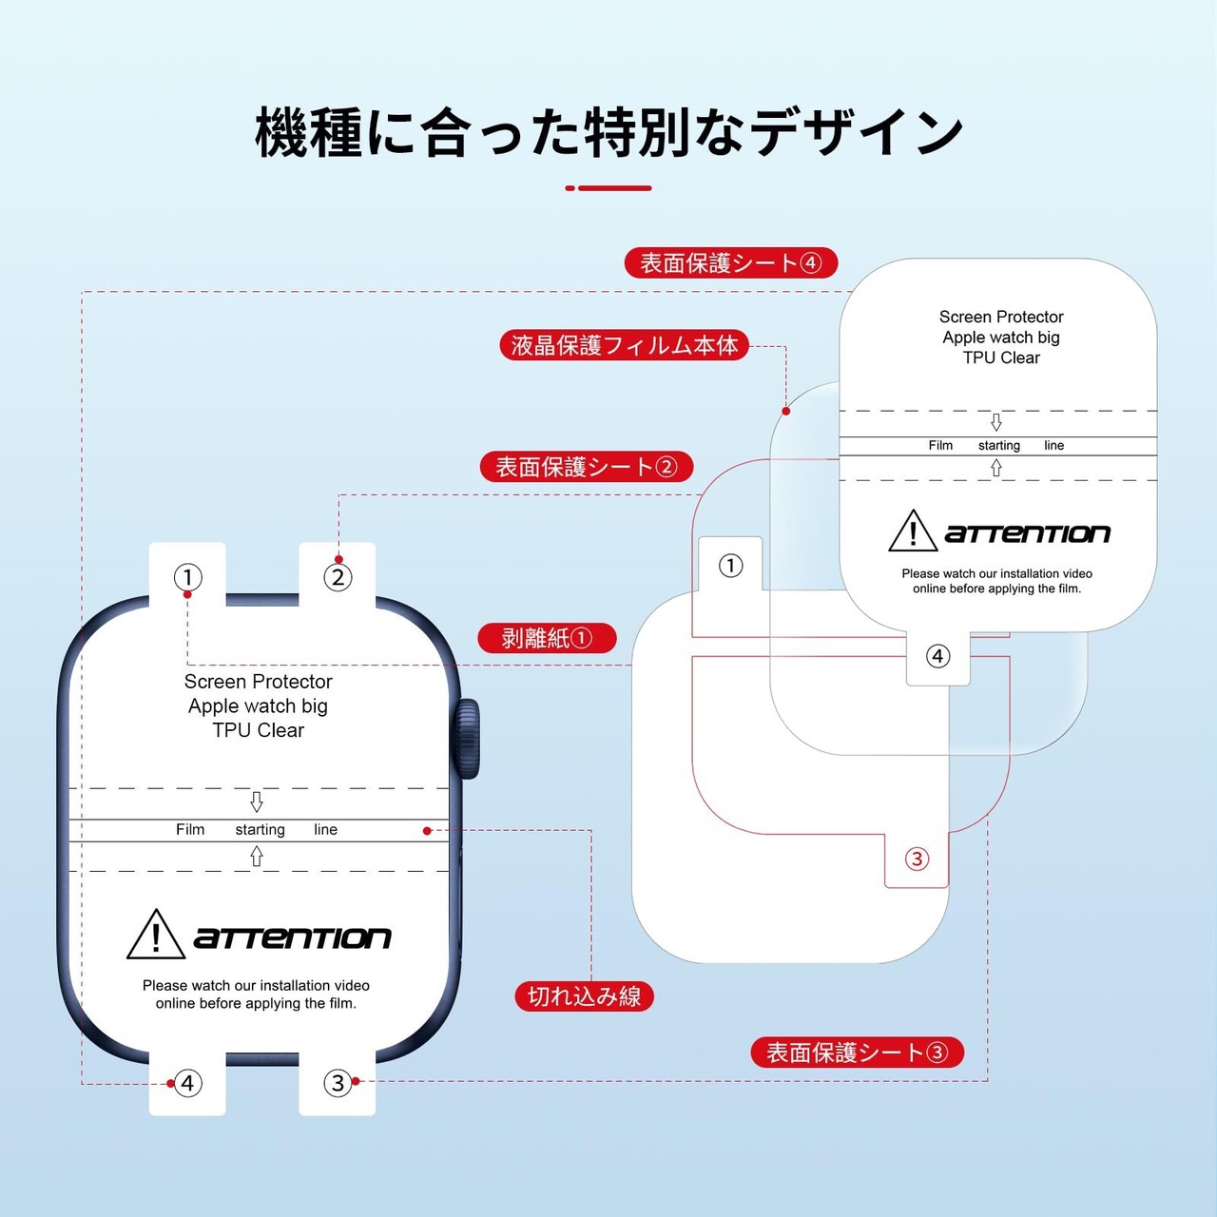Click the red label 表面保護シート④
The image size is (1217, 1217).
[x=730, y=262]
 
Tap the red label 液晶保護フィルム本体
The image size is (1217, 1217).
[x=625, y=345]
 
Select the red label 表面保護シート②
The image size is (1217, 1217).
[x=586, y=467]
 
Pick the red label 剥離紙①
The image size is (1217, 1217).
[x=547, y=638]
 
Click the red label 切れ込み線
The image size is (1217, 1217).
[x=584, y=996]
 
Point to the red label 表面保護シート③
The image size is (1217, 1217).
[x=857, y=1053]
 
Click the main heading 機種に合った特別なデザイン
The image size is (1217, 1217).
[x=608, y=132]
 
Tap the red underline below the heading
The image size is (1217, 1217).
[x=608, y=188]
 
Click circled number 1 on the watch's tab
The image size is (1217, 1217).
[x=188, y=577]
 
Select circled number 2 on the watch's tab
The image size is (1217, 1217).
[x=338, y=577]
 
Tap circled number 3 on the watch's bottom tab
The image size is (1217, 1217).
[x=338, y=1083]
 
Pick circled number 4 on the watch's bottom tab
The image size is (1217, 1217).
[x=188, y=1083]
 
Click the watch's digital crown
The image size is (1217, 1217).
[x=469, y=739]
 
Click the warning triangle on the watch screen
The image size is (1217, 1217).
[x=156, y=935]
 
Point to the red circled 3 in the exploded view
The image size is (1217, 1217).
[x=917, y=860]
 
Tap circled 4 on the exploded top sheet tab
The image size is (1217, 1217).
[x=938, y=656]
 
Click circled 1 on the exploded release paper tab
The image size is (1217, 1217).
[x=730, y=567]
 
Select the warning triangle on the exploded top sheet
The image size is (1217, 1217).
[x=913, y=531]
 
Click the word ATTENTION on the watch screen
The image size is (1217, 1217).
[x=292, y=938]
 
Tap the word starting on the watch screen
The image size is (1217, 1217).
[x=260, y=830]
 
